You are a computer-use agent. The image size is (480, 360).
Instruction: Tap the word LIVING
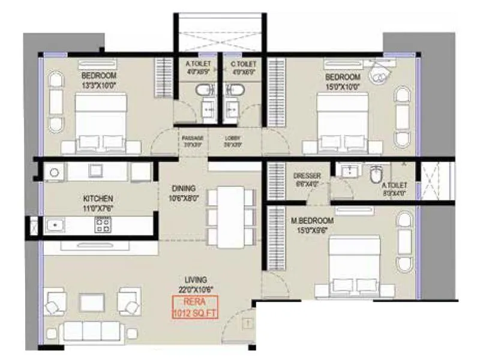click(x=196, y=280)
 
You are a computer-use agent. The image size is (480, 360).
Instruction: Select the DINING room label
click(x=183, y=188)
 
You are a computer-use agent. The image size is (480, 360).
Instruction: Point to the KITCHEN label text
click(x=98, y=198)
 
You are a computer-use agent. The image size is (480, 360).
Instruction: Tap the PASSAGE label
click(x=193, y=138)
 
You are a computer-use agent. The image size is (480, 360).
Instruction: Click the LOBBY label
click(x=232, y=138)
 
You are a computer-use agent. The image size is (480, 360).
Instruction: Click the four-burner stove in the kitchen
click(x=102, y=225)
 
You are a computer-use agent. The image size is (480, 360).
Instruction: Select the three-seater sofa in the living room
click(x=92, y=330)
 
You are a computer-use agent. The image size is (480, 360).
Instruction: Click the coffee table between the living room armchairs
click(x=92, y=301)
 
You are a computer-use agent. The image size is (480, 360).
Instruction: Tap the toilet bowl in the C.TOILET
click(x=236, y=91)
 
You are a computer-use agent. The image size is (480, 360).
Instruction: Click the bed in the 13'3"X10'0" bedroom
click(x=101, y=123)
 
